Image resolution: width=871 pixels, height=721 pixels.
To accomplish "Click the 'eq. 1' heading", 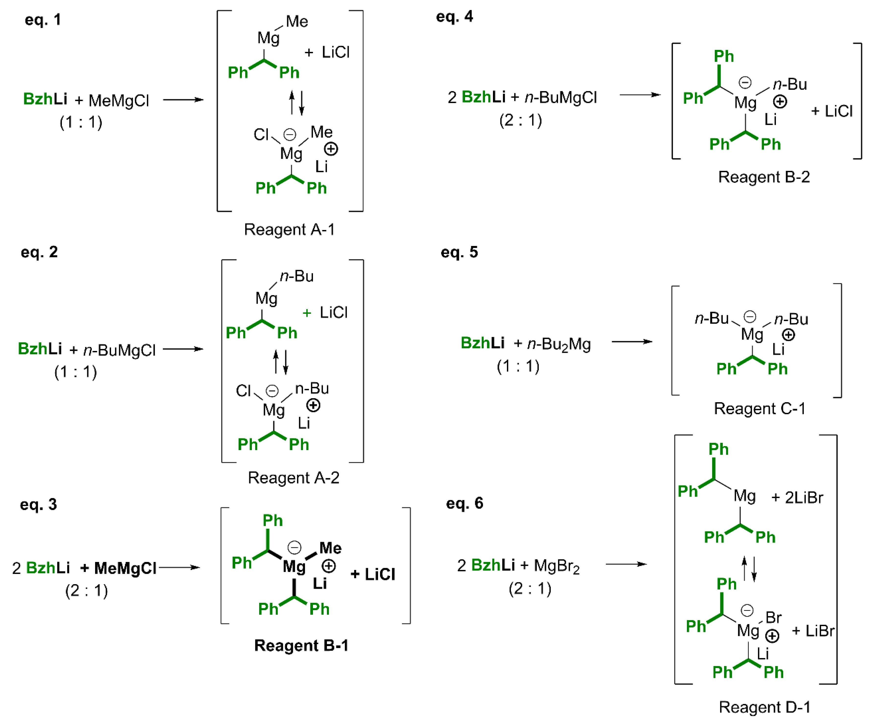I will coord(43,20).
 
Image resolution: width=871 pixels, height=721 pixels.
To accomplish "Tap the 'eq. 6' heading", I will coord(465,503).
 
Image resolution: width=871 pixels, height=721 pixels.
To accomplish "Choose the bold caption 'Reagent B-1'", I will coord(301,645).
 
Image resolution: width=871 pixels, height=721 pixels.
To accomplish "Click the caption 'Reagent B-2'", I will coord(764,177).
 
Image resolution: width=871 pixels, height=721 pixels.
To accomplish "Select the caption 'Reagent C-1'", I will coord(759,408).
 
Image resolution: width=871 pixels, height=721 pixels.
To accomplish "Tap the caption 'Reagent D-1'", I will coord(764,707).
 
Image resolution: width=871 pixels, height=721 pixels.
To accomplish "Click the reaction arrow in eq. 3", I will coord(179,567).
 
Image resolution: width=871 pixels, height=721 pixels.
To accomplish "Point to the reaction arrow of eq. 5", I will coord(632,342).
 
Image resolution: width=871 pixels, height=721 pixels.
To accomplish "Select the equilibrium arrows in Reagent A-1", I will coord(297,103).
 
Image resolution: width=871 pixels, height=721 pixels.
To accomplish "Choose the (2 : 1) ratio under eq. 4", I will coord(521,120).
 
